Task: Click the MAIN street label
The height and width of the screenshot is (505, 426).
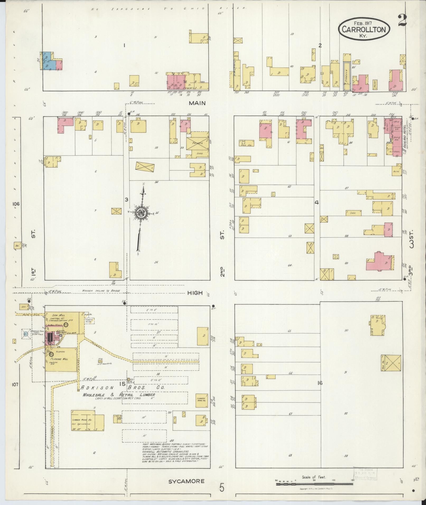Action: coord(197,103)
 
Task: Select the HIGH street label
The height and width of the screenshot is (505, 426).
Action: coord(195,293)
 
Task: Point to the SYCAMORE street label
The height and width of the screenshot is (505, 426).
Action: coord(186,481)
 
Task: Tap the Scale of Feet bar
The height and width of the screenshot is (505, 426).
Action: coord(314,484)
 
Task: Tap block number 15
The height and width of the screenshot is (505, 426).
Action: coord(122,384)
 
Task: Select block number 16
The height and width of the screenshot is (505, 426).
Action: coord(320,383)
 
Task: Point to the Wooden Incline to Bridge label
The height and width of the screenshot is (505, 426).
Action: coord(101,291)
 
